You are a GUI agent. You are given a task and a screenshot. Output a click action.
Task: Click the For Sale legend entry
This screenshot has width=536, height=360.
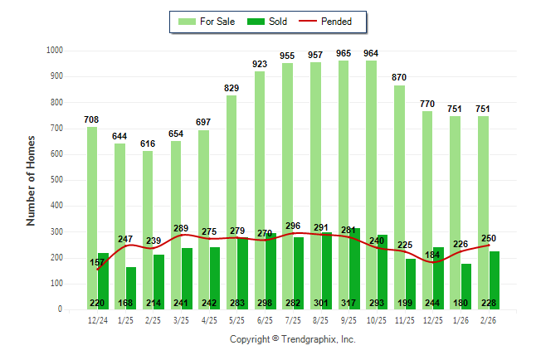205,21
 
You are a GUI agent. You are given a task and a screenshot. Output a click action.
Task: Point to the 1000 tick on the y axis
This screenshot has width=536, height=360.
54,51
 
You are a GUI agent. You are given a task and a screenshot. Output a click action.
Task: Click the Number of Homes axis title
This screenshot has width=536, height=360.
32,180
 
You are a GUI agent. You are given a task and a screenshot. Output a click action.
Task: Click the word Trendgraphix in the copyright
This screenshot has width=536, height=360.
314,340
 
